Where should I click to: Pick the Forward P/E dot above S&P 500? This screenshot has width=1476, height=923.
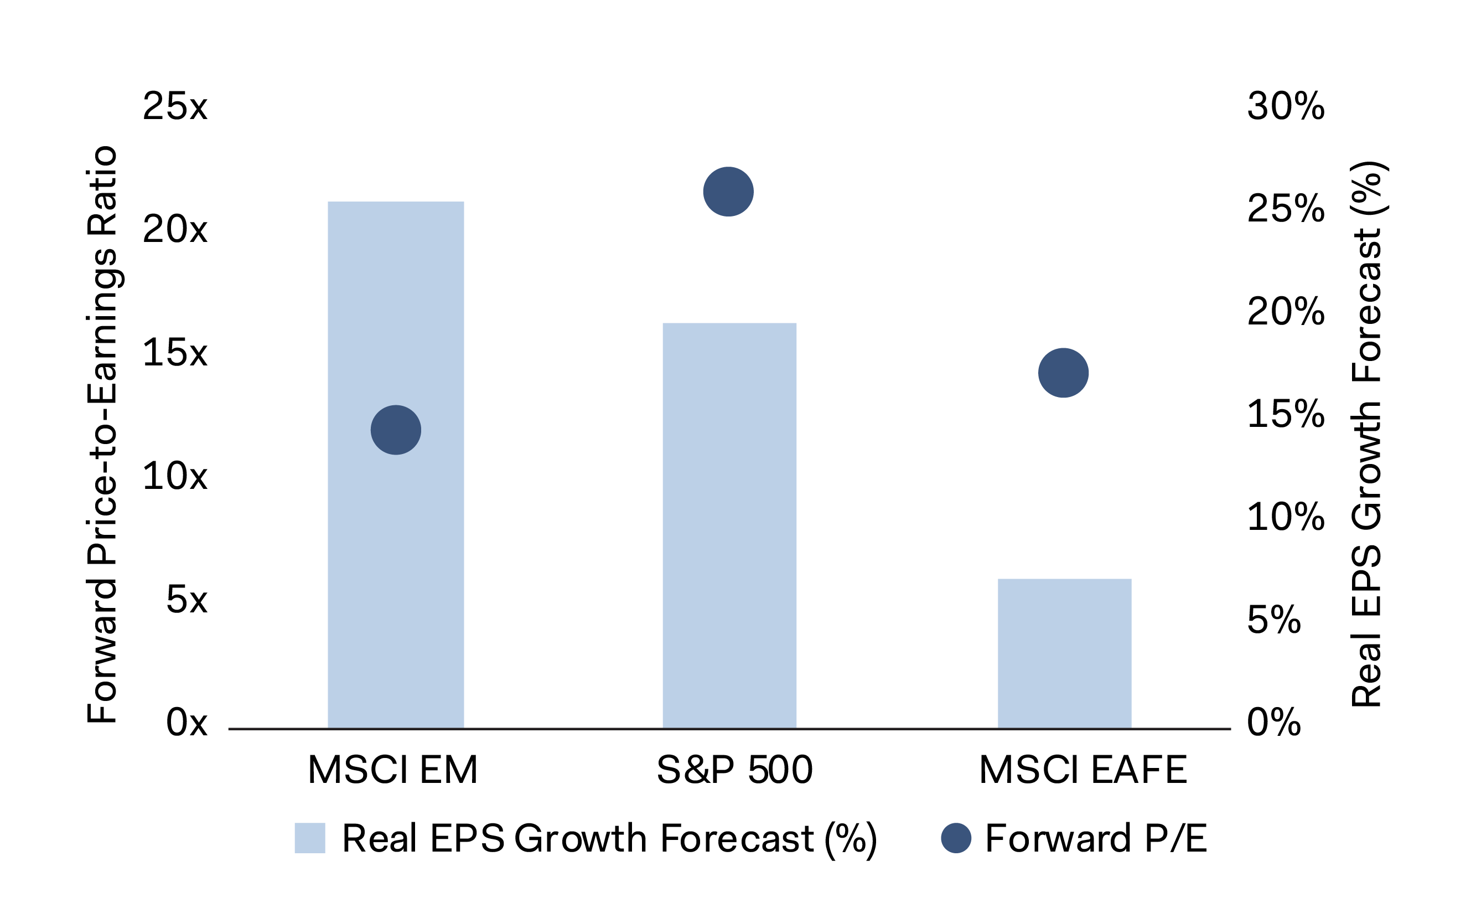(x=728, y=192)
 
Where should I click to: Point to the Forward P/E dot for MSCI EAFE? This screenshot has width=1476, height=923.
(x=1063, y=373)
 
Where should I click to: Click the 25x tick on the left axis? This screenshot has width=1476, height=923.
(x=175, y=106)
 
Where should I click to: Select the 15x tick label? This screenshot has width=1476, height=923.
(x=175, y=353)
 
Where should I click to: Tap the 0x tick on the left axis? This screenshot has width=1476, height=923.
(x=187, y=722)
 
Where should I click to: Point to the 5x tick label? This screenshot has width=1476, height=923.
(x=187, y=600)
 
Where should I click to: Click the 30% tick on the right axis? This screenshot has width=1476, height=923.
(x=1286, y=106)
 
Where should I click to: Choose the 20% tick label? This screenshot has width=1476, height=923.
(x=1286, y=311)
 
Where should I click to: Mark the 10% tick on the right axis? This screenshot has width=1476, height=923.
(x=1286, y=517)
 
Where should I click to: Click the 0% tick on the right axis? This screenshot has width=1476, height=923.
(x=1274, y=722)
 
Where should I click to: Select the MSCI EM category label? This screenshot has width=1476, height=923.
(x=393, y=770)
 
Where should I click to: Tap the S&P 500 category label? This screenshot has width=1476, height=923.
(x=734, y=770)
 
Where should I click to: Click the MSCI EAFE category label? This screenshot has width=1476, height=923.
(x=1083, y=770)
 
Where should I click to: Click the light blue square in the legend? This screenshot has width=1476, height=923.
(x=310, y=838)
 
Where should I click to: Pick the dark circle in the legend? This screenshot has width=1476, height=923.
(x=956, y=838)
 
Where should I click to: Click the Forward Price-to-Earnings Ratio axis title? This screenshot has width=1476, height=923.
(x=102, y=435)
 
